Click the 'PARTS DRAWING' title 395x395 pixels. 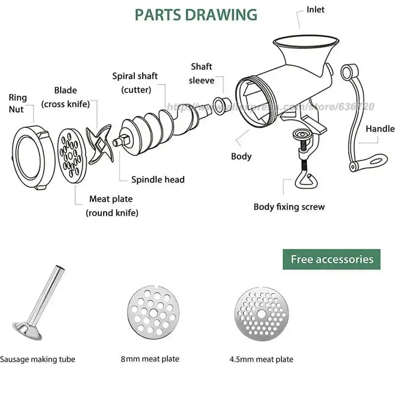pos(196,14)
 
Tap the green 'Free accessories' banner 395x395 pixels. pos(331,259)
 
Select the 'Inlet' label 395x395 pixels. pos(316,9)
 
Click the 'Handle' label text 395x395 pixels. pos(380,129)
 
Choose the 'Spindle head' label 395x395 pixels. pos(158,180)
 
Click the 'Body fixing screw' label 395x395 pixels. pos(289,207)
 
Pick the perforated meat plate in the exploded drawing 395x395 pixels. pos(71,153)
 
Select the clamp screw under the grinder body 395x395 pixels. pos(303,158)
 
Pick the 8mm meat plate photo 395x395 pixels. pos(150,311)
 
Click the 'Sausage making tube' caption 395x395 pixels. pos(38,359)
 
